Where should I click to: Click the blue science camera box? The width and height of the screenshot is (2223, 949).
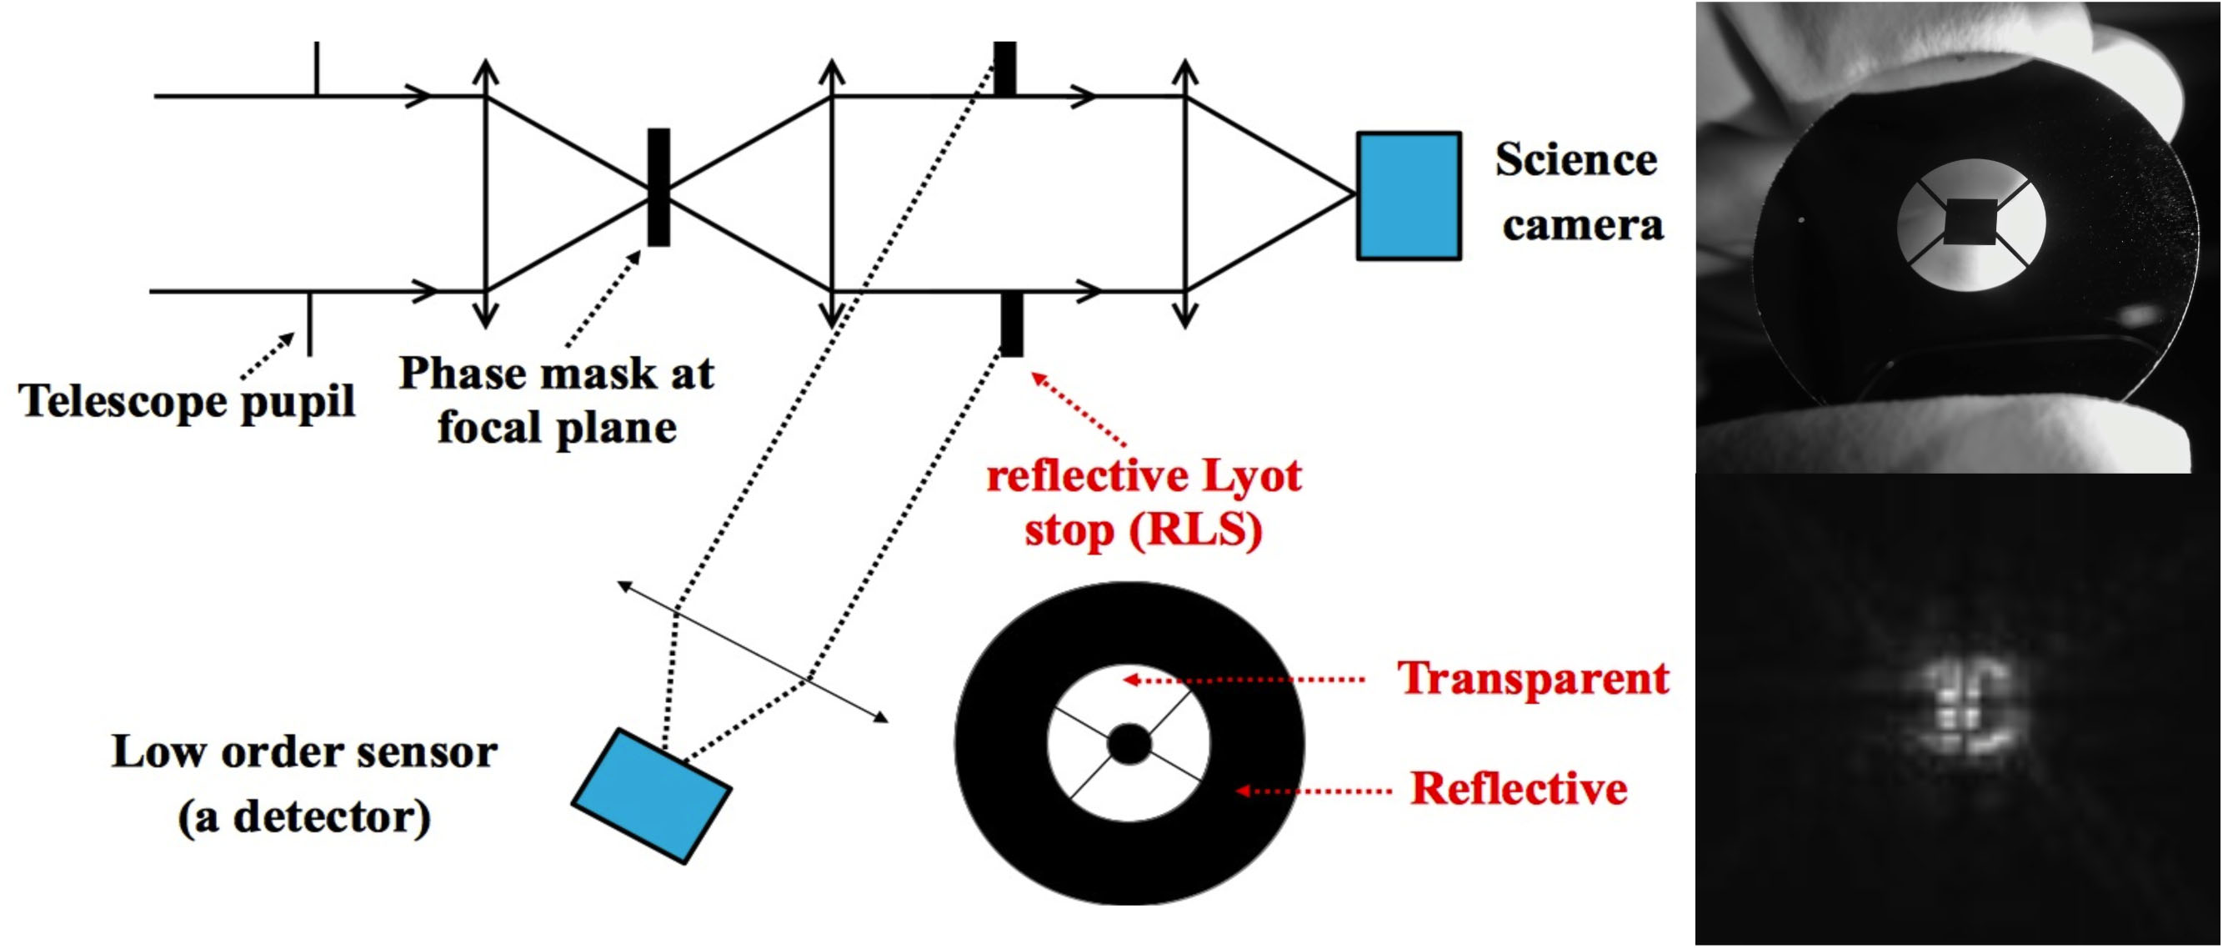[1409, 196]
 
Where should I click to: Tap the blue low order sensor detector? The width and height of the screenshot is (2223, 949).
[653, 796]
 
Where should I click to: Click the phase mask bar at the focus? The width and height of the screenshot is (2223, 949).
[658, 188]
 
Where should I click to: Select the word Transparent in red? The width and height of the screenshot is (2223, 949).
[1534, 678]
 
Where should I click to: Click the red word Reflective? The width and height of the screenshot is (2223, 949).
[1519, 788]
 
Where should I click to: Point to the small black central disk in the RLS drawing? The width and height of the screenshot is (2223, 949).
[1129, 744]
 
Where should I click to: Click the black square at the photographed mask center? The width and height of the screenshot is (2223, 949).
[1971, 223]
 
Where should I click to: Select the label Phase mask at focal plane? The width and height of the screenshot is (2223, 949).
[557, 399]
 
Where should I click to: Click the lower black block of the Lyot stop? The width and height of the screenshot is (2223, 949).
[1011, 324]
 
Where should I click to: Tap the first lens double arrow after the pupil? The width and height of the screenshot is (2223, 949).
[487, 193]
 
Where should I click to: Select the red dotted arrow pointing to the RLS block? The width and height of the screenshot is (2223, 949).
[1079, 409]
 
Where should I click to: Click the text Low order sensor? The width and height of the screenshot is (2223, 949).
[303, 752]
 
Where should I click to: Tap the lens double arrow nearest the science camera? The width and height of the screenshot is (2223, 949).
[1186, 193]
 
